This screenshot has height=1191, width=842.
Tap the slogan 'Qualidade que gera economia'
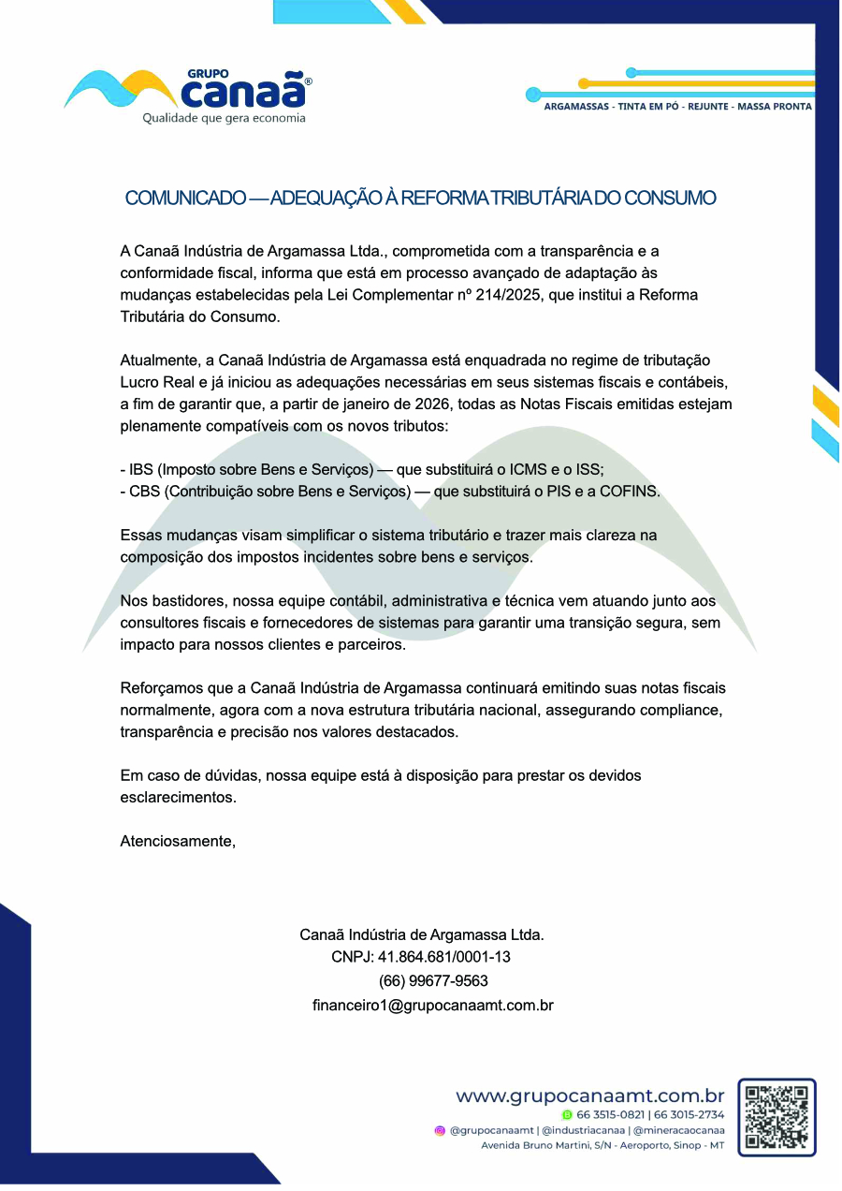(224, 119)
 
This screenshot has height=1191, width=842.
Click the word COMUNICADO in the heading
(185, 198)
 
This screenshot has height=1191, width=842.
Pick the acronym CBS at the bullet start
(145, 492)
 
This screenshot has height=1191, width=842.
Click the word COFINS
(632, 492)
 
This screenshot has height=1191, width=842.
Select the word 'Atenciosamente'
(177, 841)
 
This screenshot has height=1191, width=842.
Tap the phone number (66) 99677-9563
(433, 981)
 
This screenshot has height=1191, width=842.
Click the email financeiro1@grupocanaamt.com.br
(432, 1006)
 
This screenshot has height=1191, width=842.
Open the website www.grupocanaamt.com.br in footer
(589, 1095)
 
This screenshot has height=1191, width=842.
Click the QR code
(776, 1117)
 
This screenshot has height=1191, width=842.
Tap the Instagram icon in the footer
(440, 1130)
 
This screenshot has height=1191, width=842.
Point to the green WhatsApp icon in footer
(567, 1114)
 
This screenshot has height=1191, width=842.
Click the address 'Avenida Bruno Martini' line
(602, 1145)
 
